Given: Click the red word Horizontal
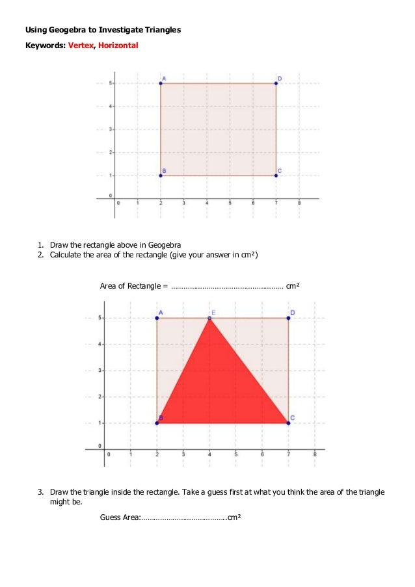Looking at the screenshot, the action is [118, 46].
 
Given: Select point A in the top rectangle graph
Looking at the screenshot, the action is [161, 83].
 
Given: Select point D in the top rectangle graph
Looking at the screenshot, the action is [276, 83].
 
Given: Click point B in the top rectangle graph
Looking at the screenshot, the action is [161, 176].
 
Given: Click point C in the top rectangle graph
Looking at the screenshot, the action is [276, 176].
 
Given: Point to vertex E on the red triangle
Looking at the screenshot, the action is [209, 318].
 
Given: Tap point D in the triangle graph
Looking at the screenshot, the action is [288, 318].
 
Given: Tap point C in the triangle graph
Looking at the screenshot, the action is [288, 423].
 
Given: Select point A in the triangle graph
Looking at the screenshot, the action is [157, 318].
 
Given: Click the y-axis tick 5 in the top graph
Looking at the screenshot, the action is [111, 83].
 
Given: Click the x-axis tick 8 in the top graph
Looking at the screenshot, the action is [299, 203].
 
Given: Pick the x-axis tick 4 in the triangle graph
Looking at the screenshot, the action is [209, 454].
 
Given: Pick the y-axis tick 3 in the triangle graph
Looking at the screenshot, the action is [100, 371].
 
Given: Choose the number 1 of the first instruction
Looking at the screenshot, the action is [40, 244].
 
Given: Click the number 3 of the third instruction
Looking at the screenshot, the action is [40, 492].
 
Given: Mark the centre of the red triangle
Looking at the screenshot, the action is [218, 388].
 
